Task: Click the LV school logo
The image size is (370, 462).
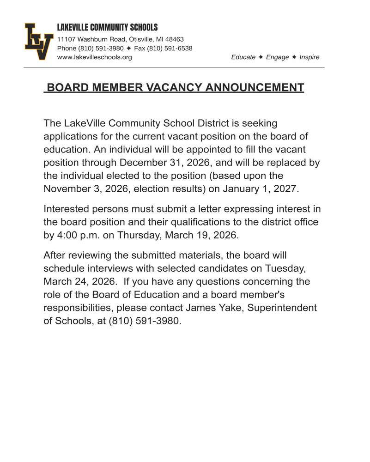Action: (38, 42)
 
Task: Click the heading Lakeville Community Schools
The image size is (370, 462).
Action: (107, 28)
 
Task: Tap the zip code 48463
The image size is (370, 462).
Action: (174, 40)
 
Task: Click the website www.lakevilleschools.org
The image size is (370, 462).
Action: (94, 57)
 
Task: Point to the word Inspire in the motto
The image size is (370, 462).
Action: (309, 57)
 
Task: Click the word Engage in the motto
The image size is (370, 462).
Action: (277, 57)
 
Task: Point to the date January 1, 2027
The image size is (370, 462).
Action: (261, 189)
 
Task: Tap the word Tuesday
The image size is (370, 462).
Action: (285, 268)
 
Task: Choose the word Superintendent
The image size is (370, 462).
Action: (283, 307)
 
